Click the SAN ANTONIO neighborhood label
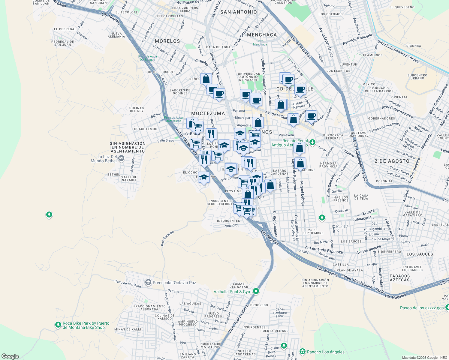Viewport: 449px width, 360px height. pos(238,12)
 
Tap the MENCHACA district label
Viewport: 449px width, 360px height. pos(262,35)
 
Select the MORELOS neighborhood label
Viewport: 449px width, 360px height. pos(167,41)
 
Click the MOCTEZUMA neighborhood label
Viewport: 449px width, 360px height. pos(208,113)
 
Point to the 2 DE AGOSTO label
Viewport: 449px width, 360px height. pos(392,161)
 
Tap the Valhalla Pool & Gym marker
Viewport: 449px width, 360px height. pos(256,291)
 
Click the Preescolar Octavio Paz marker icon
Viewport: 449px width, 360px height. pos(148,282)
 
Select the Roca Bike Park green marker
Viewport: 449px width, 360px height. pos(58,325)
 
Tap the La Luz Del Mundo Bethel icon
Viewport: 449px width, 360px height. pos(121,158)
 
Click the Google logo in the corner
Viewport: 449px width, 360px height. pos(10,356)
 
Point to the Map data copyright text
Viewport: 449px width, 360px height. pos(425,358)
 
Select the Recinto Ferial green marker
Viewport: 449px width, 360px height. pos(312,142)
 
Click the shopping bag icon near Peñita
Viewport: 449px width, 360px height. pos(206,79)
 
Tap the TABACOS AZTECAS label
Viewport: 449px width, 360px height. pos(399,278)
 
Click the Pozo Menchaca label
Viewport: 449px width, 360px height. pos(260,43)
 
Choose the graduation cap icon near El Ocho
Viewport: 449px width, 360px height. pos(204,177)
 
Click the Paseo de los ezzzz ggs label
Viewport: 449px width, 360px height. pos(422,308)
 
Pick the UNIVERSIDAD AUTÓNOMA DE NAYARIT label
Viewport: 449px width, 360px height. pos(249,77)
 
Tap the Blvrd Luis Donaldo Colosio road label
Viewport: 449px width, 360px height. pos(398,51)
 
